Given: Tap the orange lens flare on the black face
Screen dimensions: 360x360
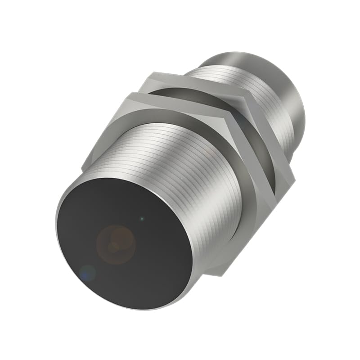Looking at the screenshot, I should tap(116, 243).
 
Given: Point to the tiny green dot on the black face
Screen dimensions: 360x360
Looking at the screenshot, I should tap(142, 219).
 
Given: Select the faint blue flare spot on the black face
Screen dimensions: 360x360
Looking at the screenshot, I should tap(88, 273).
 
